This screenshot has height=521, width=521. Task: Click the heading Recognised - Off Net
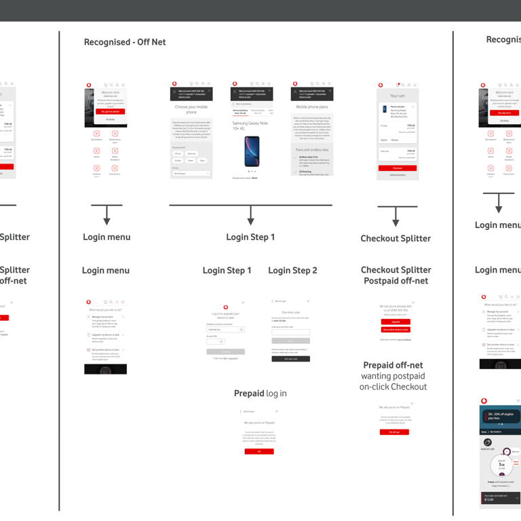[x=125, y=42]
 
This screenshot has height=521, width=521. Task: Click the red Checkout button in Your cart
[x=398, y=168]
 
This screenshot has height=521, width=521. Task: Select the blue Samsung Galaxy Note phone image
[x=252, y=151]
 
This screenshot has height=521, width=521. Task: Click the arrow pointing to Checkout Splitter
[x=396, y=216]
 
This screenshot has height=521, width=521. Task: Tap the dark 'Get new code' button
[x=290, y=359]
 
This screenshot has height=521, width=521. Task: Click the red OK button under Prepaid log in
[x=258, y=451]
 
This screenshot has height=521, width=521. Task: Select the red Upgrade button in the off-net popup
[x=395, y=322]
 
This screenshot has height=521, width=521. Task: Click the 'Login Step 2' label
[x=292, y=271]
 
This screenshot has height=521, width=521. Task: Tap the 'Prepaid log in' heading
[x=260, y=393]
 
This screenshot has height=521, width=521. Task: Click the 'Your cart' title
[x=398, y=96]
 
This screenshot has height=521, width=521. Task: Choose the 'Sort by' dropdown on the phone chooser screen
[x=191, y=174]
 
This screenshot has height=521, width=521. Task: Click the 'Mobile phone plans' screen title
[x=313, y=107]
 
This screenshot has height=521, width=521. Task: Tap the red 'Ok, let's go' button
[x=394, y=431]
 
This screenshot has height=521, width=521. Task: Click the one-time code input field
[x=290, y=332]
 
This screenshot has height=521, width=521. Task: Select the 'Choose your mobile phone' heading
[x=191, y=109]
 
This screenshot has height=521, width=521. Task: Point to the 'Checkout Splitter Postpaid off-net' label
[x=396, y=275]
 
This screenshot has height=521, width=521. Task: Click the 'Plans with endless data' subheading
[x=313, y=149]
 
